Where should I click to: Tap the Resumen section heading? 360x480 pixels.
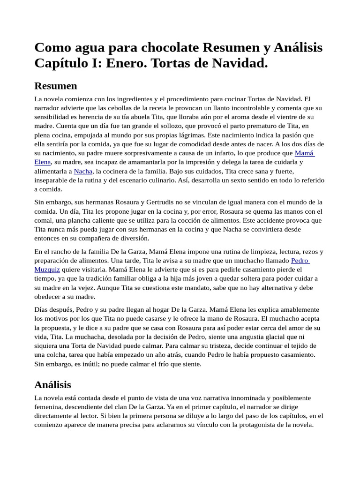tap(56, 86)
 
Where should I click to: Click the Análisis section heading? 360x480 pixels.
tap(53, 384)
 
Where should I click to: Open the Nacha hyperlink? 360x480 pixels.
tap(83, 171)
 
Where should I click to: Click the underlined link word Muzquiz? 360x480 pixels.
tap(47, 270)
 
